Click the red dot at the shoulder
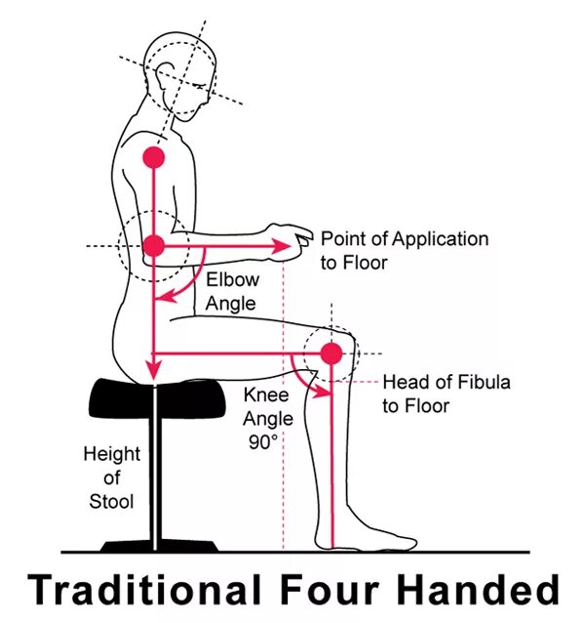pos(153,155)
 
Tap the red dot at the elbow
pos(153,246)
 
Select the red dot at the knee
pos(331,353)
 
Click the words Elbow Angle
pos(231,291)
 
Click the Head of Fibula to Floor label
pos(446,394)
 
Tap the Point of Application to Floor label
pos(405,250)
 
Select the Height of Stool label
pos(111,478)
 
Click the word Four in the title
pos(316,590)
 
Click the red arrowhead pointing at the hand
pos(284,246)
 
